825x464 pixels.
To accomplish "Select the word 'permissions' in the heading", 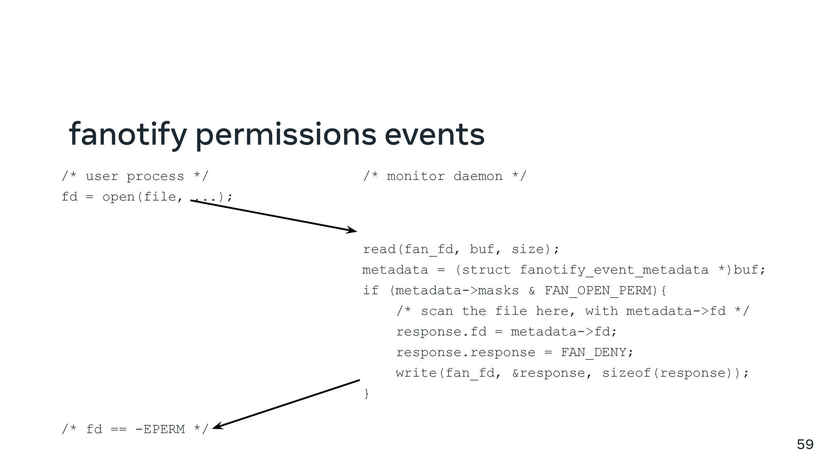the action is click(286, 134).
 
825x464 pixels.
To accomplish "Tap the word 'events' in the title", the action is click(434, 134).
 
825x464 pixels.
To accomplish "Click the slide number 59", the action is click(805, 444).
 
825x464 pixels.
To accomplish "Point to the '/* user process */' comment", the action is click(134, 176).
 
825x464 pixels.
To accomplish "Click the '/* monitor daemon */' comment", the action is click(444, 176).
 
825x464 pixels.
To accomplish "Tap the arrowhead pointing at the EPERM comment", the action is click(217, 426).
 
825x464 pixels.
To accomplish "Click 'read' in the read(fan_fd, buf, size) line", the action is click(379, 249).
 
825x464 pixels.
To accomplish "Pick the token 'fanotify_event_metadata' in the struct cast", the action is click(614, 270).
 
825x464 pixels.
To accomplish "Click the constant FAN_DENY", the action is click(593, 352).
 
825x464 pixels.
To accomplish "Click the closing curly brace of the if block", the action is click(366, 394).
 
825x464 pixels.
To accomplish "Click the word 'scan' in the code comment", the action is click(437, 311).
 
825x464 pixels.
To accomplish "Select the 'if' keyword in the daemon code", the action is click(370, 290).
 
